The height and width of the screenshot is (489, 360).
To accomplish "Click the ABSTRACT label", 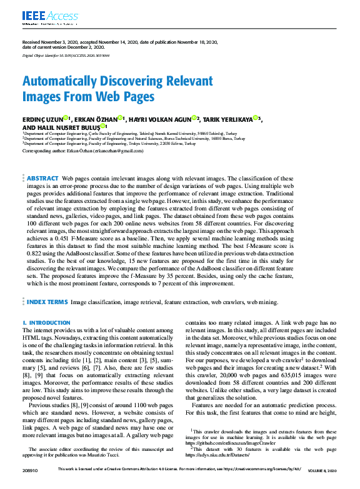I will (43, 179).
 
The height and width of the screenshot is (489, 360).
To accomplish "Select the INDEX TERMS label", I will (47, 302).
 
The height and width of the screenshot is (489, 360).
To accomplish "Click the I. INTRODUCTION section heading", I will (46, 322).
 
